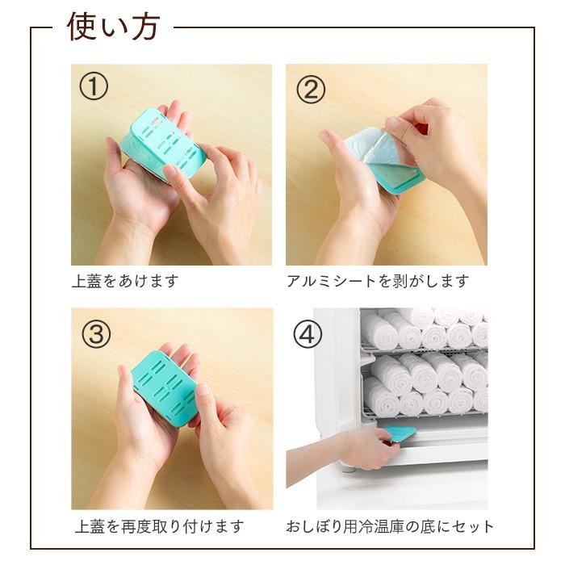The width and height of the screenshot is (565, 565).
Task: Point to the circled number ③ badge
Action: click(x=95, y=333)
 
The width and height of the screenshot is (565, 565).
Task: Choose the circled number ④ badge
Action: click(x=308, y=334)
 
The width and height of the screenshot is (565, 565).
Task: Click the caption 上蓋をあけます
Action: click(x=125, y=282)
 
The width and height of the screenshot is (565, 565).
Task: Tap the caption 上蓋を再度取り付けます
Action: click(x=159, y=527)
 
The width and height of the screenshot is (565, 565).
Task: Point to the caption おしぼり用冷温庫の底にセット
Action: click(x=390, y=527)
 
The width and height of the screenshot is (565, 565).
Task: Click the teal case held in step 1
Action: click(x=161, y=144)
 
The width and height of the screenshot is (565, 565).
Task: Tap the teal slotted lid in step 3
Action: click(x=165, y=385)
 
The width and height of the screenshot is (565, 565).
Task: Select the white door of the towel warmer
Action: click(x=335, y=379)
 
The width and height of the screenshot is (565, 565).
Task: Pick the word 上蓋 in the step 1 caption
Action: click(x=86, y=282)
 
